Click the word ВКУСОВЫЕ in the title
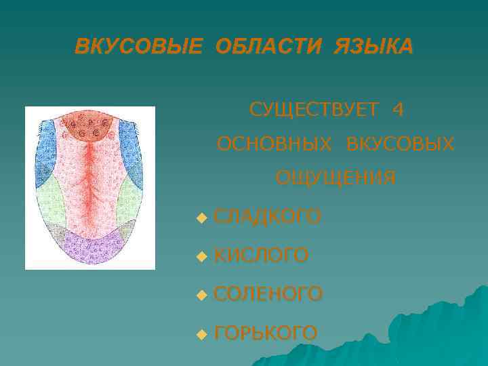[x=138, y=47]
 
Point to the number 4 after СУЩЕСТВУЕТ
[x=398, y=109]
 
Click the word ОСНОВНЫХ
[x=274, y=144]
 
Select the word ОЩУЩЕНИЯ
[x=335, y=178]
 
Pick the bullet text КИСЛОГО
[x=261, y=256]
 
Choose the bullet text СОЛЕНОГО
[x=268, y=294]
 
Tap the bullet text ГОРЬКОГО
[x=265, y=333]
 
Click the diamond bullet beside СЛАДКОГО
[x=200, y=218]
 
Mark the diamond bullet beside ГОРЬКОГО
[x=200, y=334]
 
